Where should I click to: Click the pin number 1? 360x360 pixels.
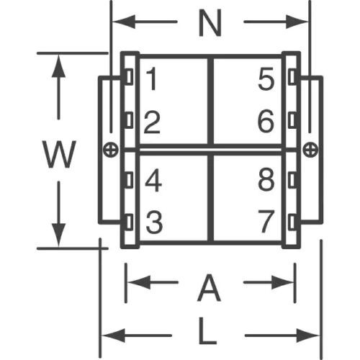point(152,78)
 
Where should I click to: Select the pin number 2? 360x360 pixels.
point(152,122)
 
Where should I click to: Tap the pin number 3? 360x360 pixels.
point(154,222)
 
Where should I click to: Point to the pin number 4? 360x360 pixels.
point(153,180)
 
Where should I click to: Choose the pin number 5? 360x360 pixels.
point(266,78)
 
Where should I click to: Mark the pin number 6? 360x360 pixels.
point(266,121)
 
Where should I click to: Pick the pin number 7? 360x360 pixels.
point(266,221)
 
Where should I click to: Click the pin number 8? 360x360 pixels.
point(266,179)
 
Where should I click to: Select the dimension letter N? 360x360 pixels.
point(210,23)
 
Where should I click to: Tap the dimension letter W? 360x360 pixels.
point(59,154)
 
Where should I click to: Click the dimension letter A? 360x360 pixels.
point(209,287)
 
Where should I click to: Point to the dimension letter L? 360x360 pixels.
point(207,330)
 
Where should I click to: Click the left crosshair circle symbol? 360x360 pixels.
point(111,150)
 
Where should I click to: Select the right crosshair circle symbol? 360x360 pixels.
point(310,150)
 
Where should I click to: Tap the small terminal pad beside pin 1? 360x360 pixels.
point(129,76)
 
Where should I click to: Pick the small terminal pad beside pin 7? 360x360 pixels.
point(292,222)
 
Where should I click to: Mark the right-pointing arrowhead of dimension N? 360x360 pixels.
point(297,22)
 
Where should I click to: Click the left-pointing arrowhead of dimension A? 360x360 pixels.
point(139,282)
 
